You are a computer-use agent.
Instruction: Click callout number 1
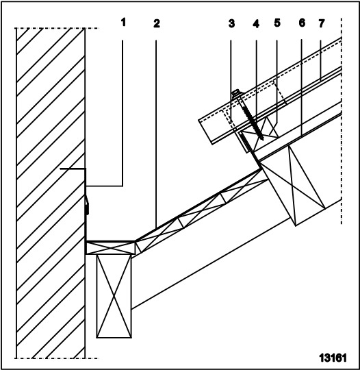click(123, 23)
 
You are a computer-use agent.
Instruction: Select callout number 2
click(157, 23)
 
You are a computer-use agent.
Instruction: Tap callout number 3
click(231, 23)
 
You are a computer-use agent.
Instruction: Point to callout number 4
click(256, 24)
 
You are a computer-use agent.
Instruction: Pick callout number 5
click(277, 23)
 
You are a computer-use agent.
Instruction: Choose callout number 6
click(302, 23)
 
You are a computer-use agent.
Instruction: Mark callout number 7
click(322, 23)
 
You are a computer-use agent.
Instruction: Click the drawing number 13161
click(333, 358)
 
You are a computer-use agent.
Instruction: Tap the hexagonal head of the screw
click(236, 93)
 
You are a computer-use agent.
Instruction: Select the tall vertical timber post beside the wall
click(114, 296)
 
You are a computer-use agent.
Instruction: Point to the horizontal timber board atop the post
click(110, 248)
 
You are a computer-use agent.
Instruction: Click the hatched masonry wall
click(51, 193)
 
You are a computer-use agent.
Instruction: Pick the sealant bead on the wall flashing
click(88, 204)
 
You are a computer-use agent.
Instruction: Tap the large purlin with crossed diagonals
click(293, 185)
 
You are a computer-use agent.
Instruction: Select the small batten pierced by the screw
click(259, 134)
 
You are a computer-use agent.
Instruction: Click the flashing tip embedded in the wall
click(60, 169)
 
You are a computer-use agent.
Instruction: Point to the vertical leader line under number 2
click(156, 134)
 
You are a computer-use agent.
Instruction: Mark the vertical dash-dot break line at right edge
click(342, 121)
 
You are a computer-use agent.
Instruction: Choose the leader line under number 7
click(320, 61)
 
